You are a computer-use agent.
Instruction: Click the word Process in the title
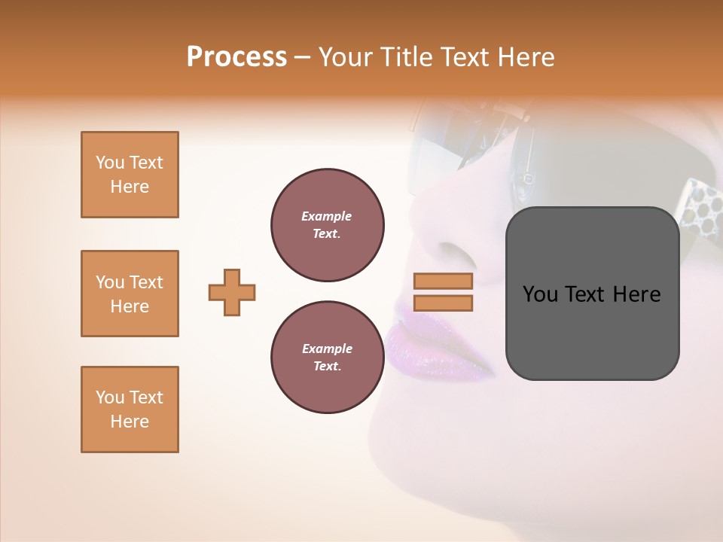(236, 57)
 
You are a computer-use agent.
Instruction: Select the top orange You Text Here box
(130, 175)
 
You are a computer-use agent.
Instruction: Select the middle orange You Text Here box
(130, 294)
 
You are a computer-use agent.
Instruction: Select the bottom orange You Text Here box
(130, 410)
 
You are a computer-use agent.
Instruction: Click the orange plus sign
(232, 292)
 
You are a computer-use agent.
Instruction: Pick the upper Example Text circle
(328, 225)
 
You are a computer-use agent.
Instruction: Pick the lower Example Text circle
(328, 358)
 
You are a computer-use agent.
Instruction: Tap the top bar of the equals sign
(443, 282)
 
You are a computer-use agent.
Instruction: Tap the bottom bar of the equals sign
(443, 303)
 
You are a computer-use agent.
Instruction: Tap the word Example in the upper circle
(327, 216)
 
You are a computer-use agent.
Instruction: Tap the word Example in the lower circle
(327, 349)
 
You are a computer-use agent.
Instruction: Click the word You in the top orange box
(109, 163)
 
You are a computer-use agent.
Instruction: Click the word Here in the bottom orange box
(130, 422)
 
